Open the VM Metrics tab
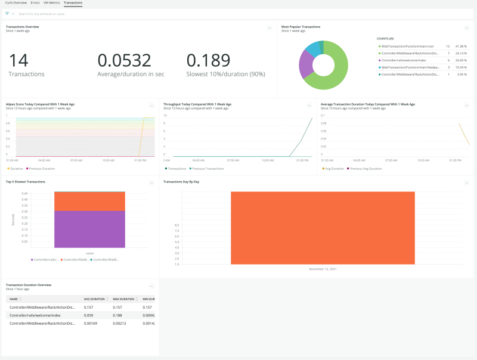click(50, 3)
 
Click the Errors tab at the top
click(35, 3)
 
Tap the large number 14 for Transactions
click(18, 60)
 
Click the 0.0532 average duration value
click(124, 60)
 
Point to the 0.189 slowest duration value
click(208, 60)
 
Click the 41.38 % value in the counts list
click(461, 46)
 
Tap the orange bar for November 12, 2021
click(323, 227)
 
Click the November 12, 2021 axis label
click(323, 269)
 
